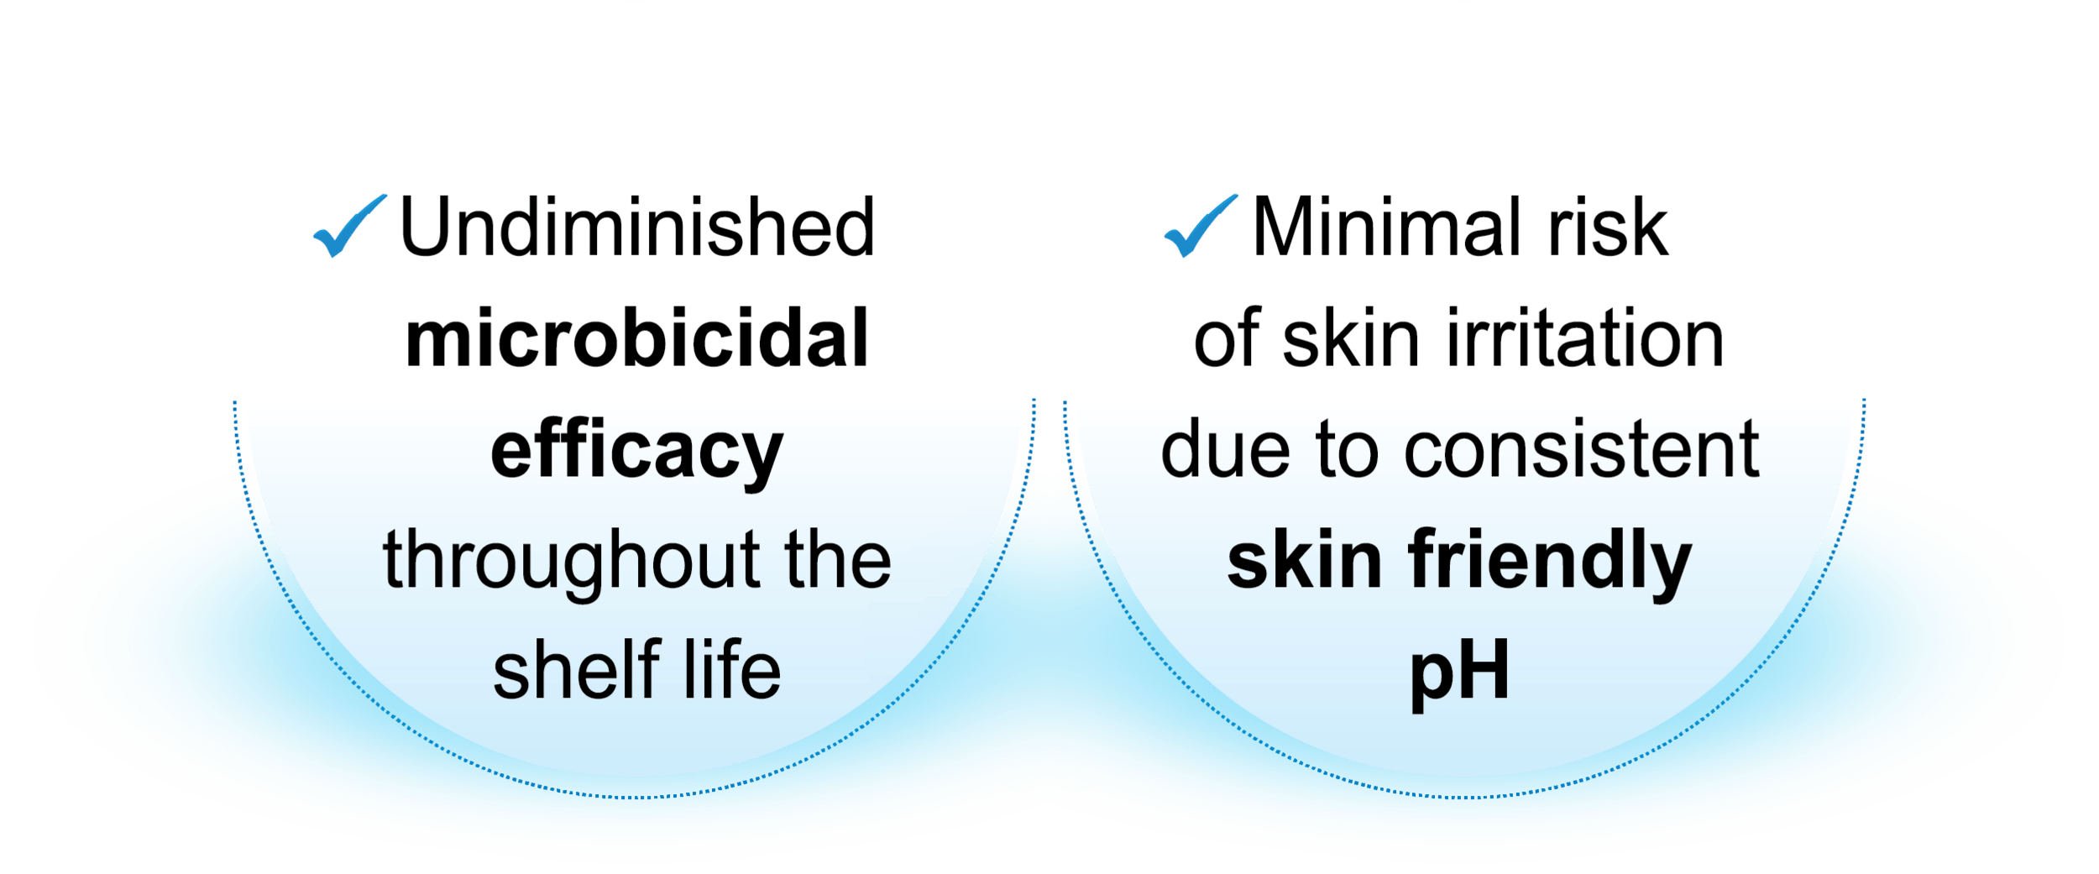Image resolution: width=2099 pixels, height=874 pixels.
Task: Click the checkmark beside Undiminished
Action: pyautogui.click(x=348, y=225)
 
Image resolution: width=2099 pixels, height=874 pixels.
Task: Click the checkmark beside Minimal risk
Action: pyautogui.click(x=1200, y=225)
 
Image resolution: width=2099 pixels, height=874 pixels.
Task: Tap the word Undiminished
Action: pyautogui.click(x=637, y=227)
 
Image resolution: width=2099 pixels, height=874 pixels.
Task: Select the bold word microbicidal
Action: pyautogui.click(x=636, y=338)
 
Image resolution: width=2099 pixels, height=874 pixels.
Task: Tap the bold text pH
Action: pyautogui.click(x=1459, y=672)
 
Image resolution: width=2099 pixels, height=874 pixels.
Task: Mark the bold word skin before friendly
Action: pyautogui.click(x=1304, y=561)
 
